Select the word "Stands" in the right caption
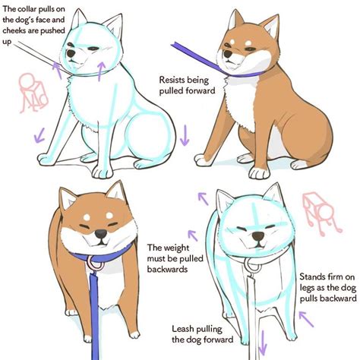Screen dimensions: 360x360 (x=314, y=276)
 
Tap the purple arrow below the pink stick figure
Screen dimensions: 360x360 (x=34, y=137)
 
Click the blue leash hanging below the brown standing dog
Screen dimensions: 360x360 (x=94, y=319)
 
